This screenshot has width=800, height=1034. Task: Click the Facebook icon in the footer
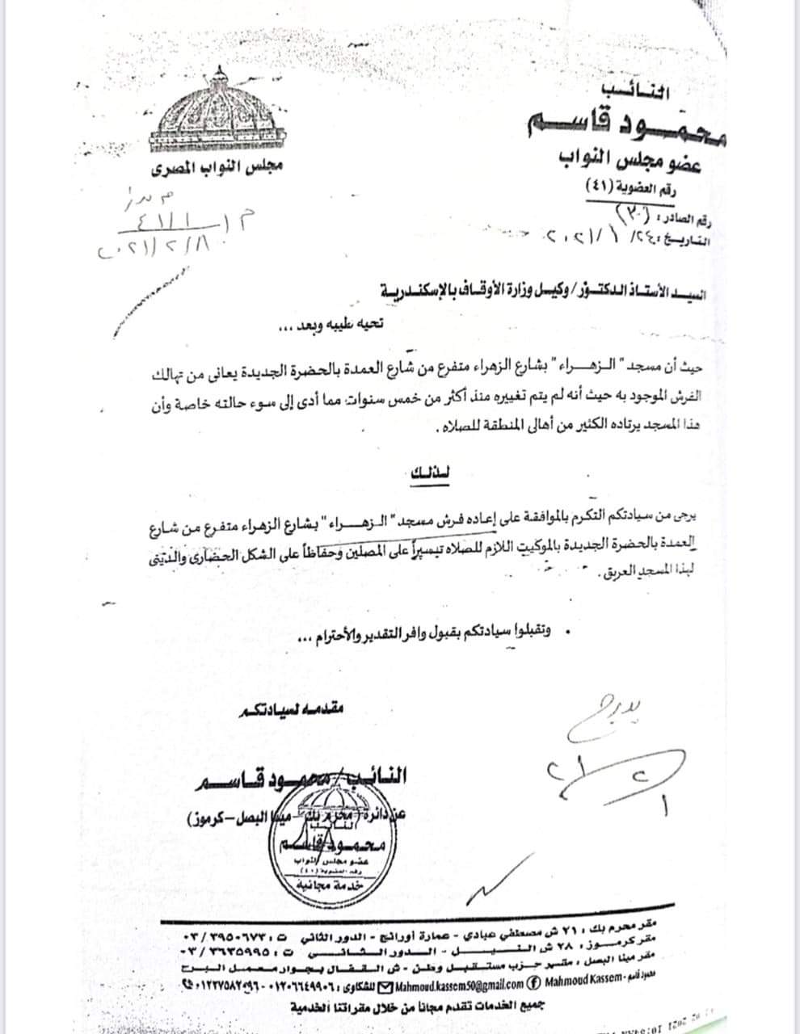(534, 984)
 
